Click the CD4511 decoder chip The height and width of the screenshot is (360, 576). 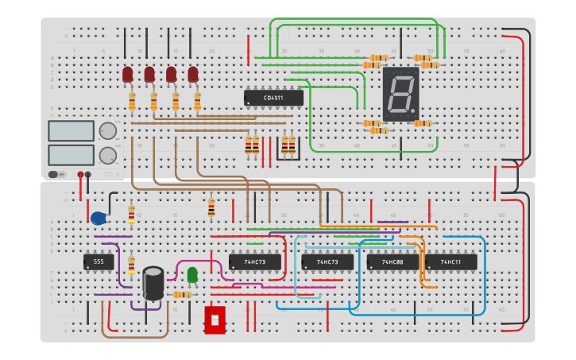273,98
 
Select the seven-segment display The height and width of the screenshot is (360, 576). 400,94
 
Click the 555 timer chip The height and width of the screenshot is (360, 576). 99,261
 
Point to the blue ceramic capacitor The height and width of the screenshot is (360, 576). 99,219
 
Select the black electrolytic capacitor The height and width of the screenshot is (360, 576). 153,283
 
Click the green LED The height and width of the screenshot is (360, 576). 192,274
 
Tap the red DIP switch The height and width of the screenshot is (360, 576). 215,320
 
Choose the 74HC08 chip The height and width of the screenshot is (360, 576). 392,261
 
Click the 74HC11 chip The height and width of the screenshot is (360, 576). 451,261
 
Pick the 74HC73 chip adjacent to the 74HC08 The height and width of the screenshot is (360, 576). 327,261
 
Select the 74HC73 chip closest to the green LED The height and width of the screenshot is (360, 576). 254,261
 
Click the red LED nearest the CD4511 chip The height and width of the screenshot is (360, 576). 193,75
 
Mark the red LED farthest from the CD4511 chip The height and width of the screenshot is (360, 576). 127,75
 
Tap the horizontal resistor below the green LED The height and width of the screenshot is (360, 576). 182,295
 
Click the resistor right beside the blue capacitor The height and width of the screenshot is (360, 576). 131,214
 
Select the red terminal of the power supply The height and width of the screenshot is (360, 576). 80,174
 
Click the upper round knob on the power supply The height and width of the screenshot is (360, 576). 107,131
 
